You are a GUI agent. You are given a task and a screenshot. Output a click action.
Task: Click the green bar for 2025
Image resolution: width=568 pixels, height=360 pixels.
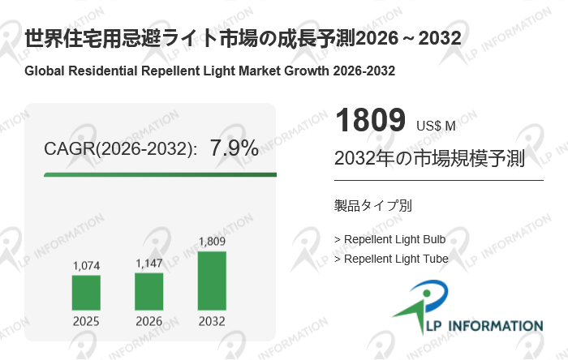tap(86, 293)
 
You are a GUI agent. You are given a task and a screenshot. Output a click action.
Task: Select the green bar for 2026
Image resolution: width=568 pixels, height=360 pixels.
tap(148, 291)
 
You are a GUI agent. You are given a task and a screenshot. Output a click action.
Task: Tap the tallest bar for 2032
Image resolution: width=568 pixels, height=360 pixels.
tap(212, 281)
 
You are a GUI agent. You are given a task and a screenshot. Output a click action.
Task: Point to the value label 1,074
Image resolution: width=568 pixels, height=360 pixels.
tap(86, 265)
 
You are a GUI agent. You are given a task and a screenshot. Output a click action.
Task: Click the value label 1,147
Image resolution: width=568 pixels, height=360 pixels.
tap(148, 263)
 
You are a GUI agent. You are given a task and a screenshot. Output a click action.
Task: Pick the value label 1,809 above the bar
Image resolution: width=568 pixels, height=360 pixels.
tap(212, 242)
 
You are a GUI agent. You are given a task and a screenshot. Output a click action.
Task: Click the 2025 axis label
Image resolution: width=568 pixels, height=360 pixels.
tap(86, 321)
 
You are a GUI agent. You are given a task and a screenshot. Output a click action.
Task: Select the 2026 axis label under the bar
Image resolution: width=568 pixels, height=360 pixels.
tap(148, 321)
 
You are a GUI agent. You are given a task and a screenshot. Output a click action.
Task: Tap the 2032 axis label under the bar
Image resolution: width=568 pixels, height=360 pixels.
tap(212, 321)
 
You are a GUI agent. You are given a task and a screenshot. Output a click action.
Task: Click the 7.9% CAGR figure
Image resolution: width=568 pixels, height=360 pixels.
tap(234, 148)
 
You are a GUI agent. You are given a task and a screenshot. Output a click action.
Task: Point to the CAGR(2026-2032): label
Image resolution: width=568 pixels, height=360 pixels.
tap(120, 149)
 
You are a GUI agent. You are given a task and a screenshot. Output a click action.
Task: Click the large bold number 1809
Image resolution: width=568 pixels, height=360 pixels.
tap(369, 121)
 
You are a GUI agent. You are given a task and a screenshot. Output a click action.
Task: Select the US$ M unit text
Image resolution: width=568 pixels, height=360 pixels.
tap(436, 126)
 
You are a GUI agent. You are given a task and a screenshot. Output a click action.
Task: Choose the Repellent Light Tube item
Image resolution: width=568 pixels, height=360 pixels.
tap(391, 259)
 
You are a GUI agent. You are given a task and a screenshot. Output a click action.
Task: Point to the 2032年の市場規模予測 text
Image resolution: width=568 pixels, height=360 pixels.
tap(429, 158)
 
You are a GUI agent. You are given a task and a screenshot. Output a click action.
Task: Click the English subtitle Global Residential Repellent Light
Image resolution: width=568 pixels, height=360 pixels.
tap(210, 71)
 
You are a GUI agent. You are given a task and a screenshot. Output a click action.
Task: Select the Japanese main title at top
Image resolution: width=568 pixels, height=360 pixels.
tap(243, 38)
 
